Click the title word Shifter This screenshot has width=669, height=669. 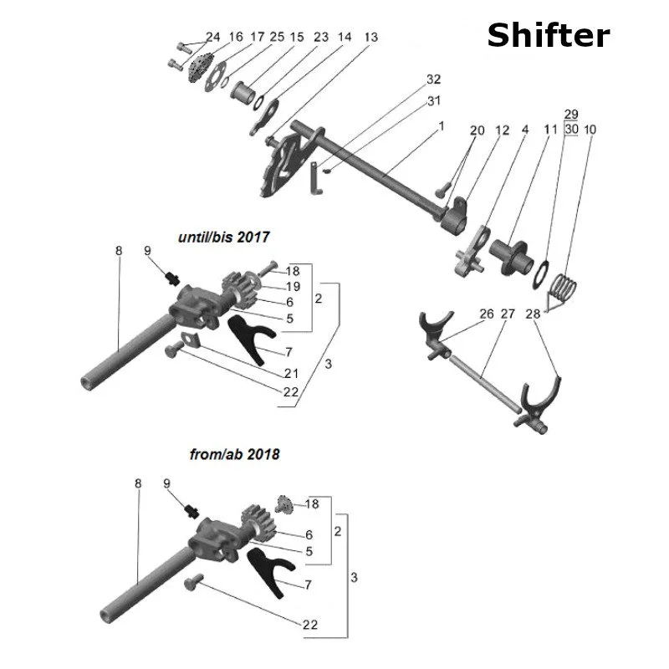548,35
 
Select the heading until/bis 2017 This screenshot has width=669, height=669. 224,237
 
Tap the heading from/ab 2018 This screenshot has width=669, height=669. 235,455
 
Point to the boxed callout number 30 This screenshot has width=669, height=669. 572,130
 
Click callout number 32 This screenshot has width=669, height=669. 433,79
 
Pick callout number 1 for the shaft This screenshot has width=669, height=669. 441,124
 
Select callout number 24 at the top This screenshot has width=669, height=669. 213,37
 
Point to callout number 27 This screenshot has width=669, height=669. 508,314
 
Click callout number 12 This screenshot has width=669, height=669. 502,130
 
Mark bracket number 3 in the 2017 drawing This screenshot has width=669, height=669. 328,364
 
